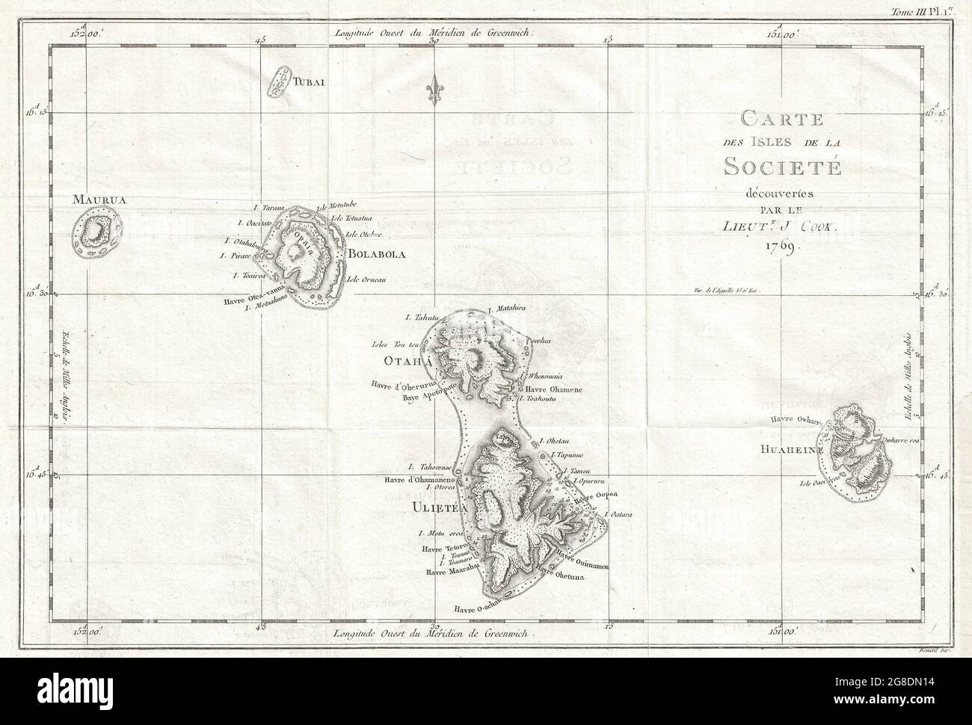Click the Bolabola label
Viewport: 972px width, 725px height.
pyautogui.click(x=377, y=254)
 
